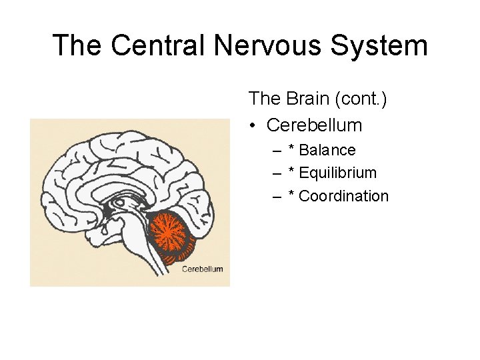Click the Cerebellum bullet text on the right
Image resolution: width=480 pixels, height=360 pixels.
tap(314, 125)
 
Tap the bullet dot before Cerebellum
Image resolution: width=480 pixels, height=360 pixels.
tap(253, 125)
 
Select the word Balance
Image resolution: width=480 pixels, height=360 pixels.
tap(327, 151)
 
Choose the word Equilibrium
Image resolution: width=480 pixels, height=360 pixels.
tap(338, 173)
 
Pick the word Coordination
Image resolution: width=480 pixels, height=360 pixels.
tap(343, 196)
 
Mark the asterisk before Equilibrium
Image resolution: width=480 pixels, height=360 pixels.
tap(291, 172)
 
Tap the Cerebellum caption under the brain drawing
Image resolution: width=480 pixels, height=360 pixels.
tap(203, 269)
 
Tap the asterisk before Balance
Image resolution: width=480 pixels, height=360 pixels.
tap(291, 149)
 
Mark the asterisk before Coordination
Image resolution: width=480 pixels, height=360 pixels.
tap(291, 195)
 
